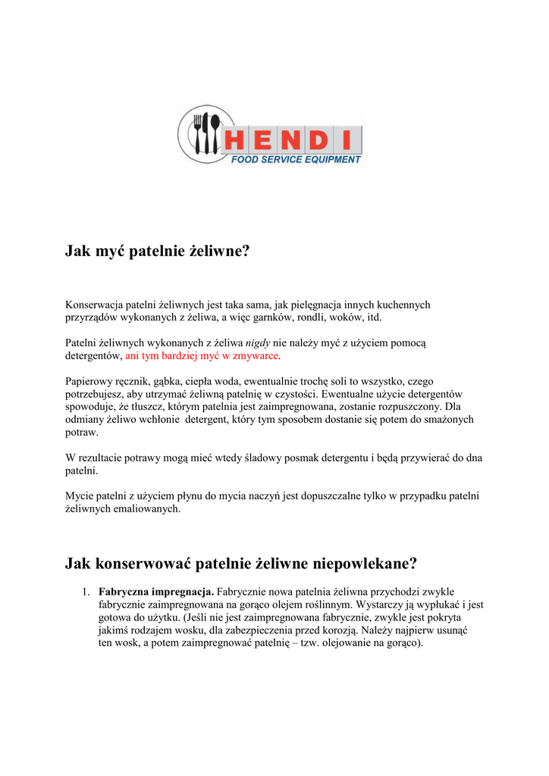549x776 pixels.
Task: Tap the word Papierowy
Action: point(89,381)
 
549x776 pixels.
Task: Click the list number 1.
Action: point(86,591)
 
